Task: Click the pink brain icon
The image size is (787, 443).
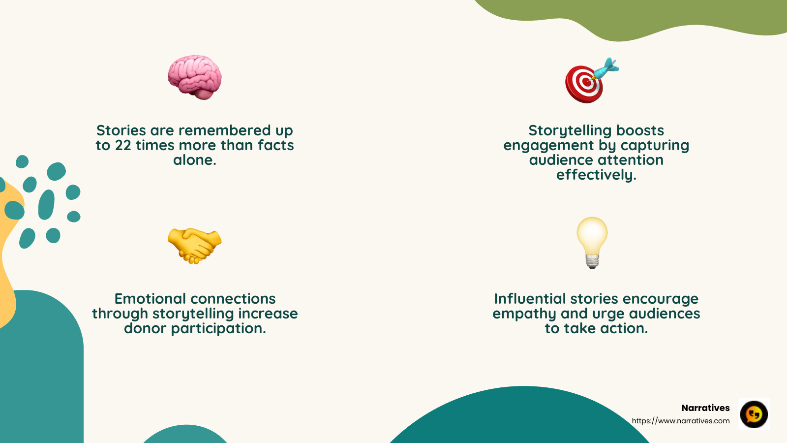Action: coord(195,77)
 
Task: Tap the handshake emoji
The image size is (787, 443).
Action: coord(195,245)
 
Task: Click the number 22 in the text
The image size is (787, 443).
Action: coord(123,146)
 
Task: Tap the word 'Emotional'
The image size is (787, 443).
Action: coord(150,299)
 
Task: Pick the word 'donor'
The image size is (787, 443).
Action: coord(145,329)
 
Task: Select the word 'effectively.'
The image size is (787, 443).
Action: coord(596,175)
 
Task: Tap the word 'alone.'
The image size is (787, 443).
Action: coord(195,160)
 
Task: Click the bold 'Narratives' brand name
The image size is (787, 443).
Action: coord(705,408)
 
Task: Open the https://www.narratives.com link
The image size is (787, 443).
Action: coord(681,421)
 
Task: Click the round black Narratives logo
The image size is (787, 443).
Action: coord(754,414)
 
